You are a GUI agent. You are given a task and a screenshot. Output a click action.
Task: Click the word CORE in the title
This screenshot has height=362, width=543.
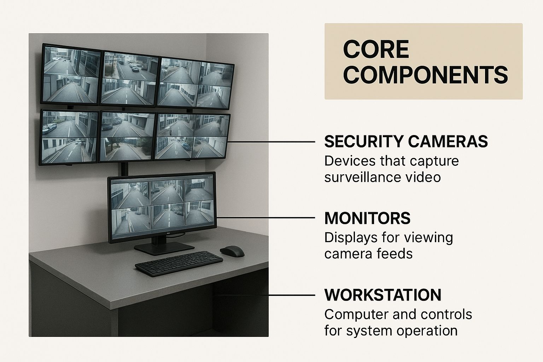point(376,49)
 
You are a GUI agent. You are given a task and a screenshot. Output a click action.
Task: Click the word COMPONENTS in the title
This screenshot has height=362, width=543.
point(425,75)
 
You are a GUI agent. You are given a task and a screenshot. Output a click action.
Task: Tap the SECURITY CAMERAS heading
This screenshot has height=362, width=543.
point(406,141)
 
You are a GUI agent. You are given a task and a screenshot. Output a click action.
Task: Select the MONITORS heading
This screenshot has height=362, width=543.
point(367,218)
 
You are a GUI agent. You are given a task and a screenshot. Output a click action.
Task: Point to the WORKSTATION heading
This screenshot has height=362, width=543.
point(383,295)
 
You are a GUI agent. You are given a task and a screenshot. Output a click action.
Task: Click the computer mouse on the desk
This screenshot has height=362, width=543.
point(232,251)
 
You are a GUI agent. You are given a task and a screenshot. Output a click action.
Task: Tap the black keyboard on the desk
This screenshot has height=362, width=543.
point(179,263)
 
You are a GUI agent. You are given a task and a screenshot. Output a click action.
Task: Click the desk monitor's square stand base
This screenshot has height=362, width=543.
point(164,248)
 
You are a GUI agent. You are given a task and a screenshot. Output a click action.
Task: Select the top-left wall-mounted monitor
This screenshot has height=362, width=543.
point(71,74)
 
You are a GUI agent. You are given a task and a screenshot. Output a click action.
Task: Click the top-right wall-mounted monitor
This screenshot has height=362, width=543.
point(196,83)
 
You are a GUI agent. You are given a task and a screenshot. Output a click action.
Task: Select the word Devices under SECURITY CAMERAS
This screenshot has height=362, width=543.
point(350,161)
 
